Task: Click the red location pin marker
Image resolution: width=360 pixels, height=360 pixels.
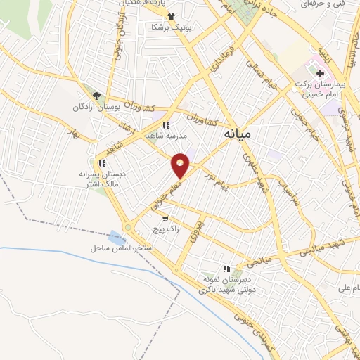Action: tap(181, 165)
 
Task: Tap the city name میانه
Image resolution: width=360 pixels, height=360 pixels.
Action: tap(244, 132)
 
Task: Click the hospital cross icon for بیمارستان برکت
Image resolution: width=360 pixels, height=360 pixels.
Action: tap(320, 73)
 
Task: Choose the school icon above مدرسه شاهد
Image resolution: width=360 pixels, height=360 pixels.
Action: tap(165, 125)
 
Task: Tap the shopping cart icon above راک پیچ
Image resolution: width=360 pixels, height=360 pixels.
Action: tap(165, 219)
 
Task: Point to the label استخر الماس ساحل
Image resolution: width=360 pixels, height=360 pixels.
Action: tap(122, 249)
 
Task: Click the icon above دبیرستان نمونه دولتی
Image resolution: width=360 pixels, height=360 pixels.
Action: tap(226, 268)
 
